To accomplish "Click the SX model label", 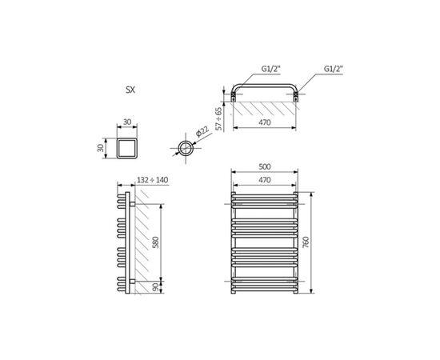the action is [130, 90].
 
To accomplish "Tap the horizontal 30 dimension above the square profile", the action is [127, 122].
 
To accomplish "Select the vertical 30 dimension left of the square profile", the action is [101, 148].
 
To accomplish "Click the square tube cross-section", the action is [127, 149].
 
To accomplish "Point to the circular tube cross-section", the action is [186, 148].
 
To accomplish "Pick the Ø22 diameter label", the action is [202, 131].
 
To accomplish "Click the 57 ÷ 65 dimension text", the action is [218, 118].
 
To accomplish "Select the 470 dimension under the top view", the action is [265, 122].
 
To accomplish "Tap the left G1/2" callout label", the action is [270, 69].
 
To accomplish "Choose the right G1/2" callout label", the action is [334, 69].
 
